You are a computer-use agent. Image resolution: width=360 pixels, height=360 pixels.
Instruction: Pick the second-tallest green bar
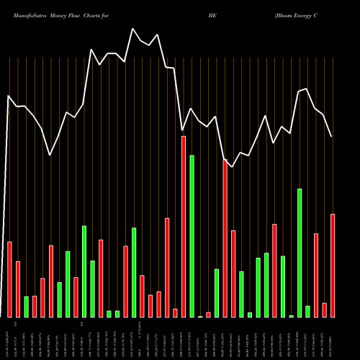pyautogui.click(x=300, y=253)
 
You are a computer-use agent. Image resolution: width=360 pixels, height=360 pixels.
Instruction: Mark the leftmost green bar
pyautogui.click(x=26, y=307)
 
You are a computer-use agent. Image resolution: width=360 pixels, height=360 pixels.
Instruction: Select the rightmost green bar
pyautogui.click(x=307, y=312)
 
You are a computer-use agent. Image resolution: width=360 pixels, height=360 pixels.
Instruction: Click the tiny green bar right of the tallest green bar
pyautogui.click(x=200, y=316)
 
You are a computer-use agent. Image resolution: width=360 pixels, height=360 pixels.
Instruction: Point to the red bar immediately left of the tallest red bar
pyautogui.click(x=175, y=312)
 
